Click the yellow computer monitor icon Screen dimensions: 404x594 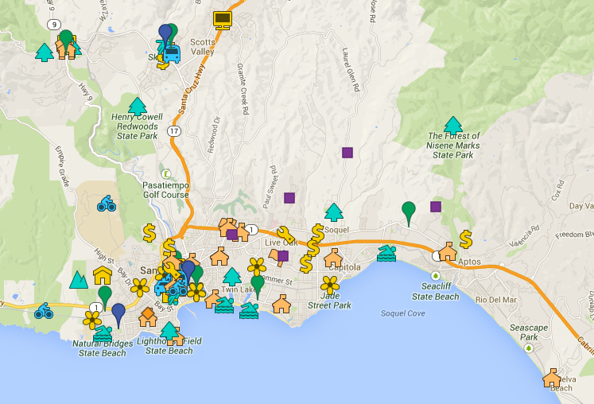coord(222,20)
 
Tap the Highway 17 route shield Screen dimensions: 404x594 coord(175,130)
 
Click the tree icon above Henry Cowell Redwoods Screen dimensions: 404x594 coord(138,106)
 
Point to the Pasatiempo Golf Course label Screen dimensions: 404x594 coord(165,189)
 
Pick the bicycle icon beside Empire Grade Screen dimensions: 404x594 coord(107,204)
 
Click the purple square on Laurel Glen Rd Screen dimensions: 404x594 coord(347,152)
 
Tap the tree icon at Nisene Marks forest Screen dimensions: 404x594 coord(453,125)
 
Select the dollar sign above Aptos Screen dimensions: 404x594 coord(466,238)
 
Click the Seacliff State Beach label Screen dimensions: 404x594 coord(435,291)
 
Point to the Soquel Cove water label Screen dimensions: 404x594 coord(402,313)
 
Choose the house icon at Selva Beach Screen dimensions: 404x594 coord(552,378)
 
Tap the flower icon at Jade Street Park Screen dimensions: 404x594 coord(330,284)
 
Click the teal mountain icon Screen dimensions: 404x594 coord(78,279)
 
